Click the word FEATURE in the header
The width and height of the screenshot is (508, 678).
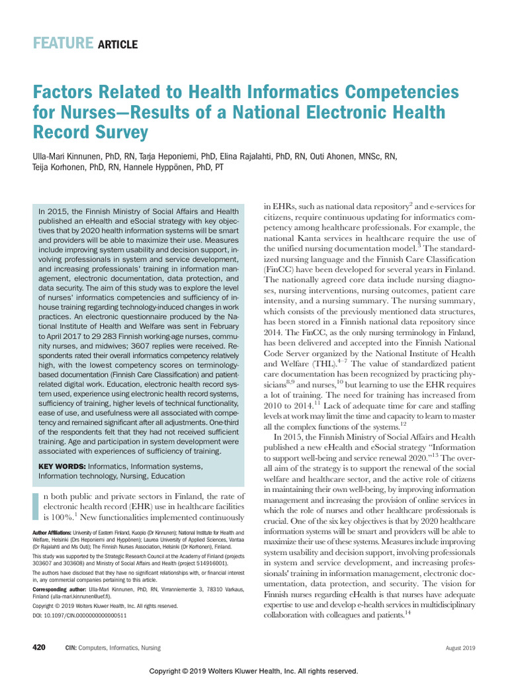point(63,44)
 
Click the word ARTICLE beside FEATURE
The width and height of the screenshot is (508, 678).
point(118,45)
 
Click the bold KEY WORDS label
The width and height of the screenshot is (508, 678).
point(62,466)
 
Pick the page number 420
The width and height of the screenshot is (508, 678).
point(39,647)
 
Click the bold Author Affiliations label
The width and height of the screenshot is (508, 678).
point(52,532)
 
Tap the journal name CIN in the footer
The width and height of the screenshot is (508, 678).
point(70,648)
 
